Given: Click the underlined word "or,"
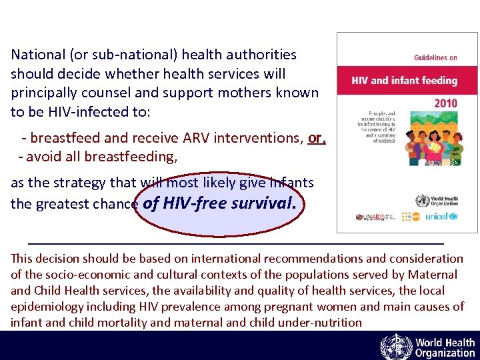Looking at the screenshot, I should point(317,138).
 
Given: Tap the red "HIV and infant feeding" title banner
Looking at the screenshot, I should point(405,81).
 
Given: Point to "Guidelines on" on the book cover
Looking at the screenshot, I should point(435,58).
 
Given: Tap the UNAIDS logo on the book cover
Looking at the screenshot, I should point(371,217).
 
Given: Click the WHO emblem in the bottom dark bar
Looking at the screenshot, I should point(396,347).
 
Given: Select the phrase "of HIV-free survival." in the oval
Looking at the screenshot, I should point(218,203).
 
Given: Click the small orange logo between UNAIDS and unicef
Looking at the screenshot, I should point(408,217).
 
